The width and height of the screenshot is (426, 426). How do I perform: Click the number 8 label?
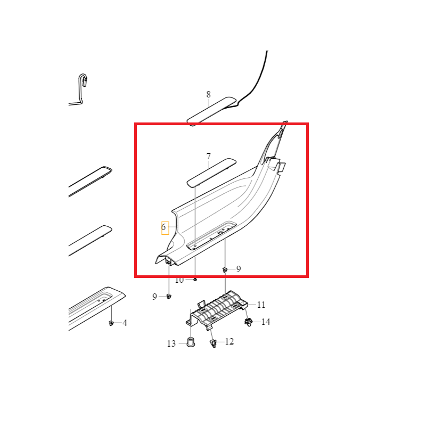click(208, 95)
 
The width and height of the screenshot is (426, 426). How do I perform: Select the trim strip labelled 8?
click(211, 111)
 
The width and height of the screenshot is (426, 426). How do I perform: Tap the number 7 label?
click(208, 157)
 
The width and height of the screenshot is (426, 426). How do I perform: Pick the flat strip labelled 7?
click(211, 173)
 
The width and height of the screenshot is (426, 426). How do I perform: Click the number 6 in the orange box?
click(163, 227)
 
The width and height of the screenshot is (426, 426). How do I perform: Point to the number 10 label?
click(179, 280)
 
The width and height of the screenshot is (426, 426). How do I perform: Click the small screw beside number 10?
click(195, 279)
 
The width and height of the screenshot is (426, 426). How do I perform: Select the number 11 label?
click(261, 305)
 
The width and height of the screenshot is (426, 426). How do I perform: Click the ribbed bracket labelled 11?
click(217, 310)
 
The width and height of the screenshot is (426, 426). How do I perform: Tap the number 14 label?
click(266, 322)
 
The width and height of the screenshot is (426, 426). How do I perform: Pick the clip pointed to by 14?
click(248, 323)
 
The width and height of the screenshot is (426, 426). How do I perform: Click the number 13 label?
click(171, 343)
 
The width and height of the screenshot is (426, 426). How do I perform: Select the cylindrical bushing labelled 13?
click(191, 342)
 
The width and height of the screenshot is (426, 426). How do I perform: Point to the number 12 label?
click(230, 341)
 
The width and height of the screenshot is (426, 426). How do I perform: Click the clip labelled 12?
click(214, 343)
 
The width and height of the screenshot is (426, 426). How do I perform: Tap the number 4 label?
click(125, 323)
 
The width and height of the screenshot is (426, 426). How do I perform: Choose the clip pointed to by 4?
click(111, 323)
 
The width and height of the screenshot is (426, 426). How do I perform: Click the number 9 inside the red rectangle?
click(239, 269)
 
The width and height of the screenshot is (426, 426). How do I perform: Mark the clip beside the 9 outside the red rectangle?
click(169, 296)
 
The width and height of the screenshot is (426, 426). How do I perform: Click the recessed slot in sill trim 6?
click(211, 235)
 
